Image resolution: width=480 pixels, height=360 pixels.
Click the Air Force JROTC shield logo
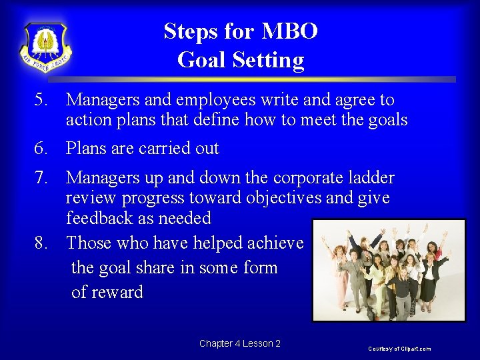[x=46, y=47]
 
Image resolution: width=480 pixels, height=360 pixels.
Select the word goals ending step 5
[x=383, y=120]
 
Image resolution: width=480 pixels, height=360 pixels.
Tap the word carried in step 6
[x=165, y=148]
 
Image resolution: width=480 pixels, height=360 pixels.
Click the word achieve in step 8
[x=275, y=243]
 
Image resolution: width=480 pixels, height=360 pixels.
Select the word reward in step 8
[x=117, y=292]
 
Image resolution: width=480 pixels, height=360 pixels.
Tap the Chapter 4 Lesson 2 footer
[x=239, y=343]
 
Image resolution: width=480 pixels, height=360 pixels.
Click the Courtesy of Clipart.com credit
[x=400, y=349]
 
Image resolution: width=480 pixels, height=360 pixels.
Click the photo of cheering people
[x=389, y=270]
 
